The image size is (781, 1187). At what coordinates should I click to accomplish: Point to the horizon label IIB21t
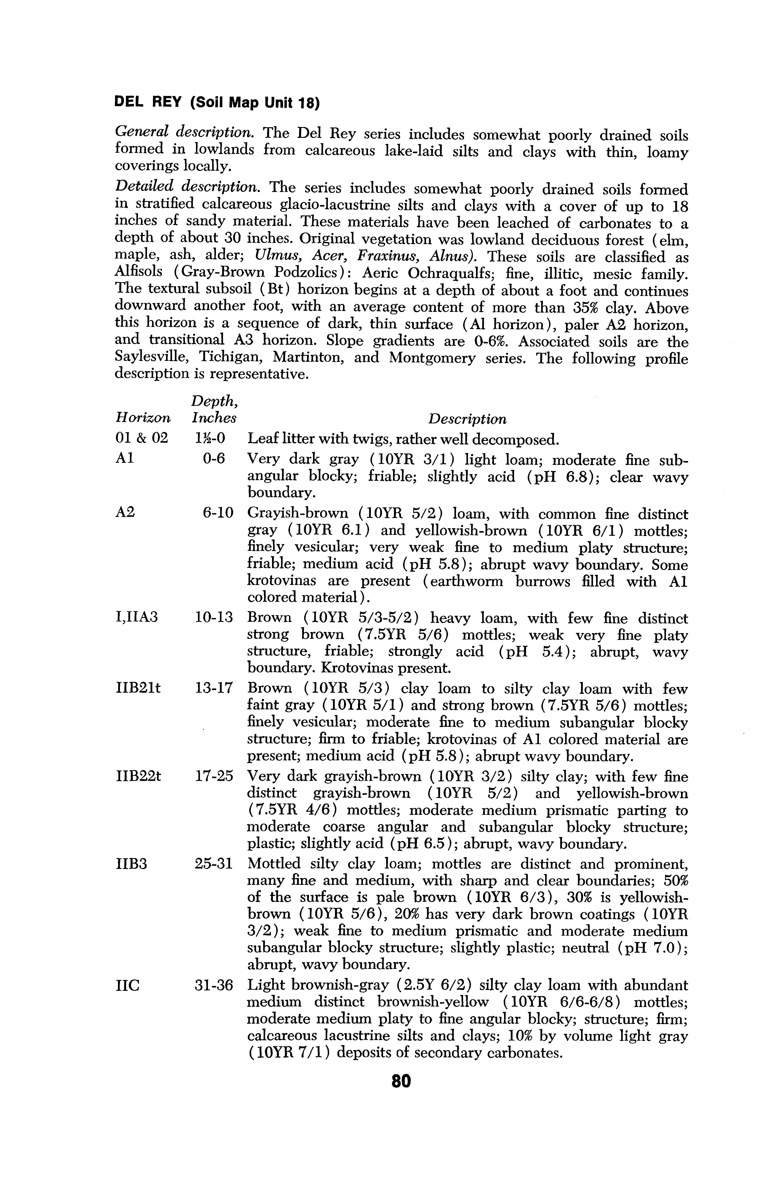click(138, 689)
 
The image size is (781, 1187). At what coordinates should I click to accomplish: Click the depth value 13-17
click(214, 689)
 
